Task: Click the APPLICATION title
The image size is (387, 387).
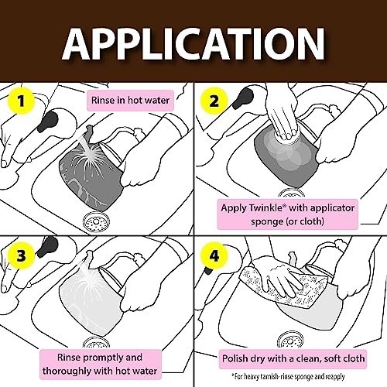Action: (193, 44)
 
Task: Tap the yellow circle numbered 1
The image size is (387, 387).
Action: (21, 101)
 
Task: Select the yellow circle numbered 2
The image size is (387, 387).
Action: (214, 101)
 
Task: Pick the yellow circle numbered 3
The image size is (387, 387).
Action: (21, 255)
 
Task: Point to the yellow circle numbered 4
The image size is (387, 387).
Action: (214, 255)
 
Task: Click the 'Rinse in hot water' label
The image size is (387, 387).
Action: (130, 100)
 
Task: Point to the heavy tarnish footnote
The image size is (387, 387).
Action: (288, 376)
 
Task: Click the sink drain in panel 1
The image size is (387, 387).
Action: (96, 221)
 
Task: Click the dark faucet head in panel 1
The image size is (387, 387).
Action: (48, 120)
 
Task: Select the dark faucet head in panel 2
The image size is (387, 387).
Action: (243, 98)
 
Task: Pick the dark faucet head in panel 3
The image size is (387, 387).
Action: (47, 247)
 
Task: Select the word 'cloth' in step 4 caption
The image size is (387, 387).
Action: (352, 358)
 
